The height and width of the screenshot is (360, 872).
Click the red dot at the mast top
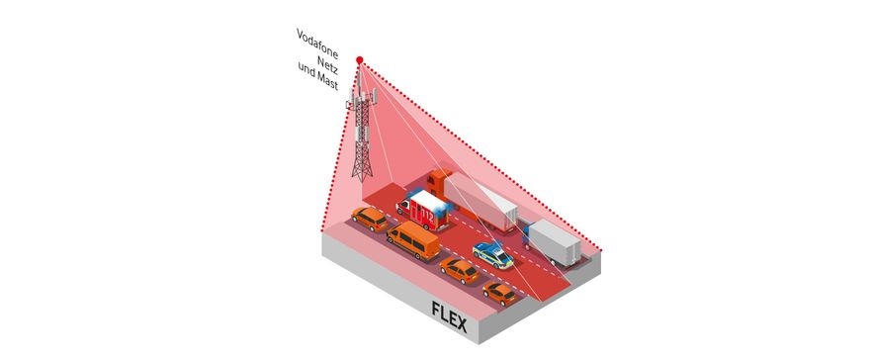click(360, 60)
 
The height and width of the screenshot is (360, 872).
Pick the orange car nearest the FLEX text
click(499, 292)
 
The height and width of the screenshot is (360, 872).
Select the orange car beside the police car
click(460, 268)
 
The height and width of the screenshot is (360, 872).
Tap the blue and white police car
click(492, 254)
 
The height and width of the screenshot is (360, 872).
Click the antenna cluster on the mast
click(365, 100)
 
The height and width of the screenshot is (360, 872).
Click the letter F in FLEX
click(437, 310)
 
